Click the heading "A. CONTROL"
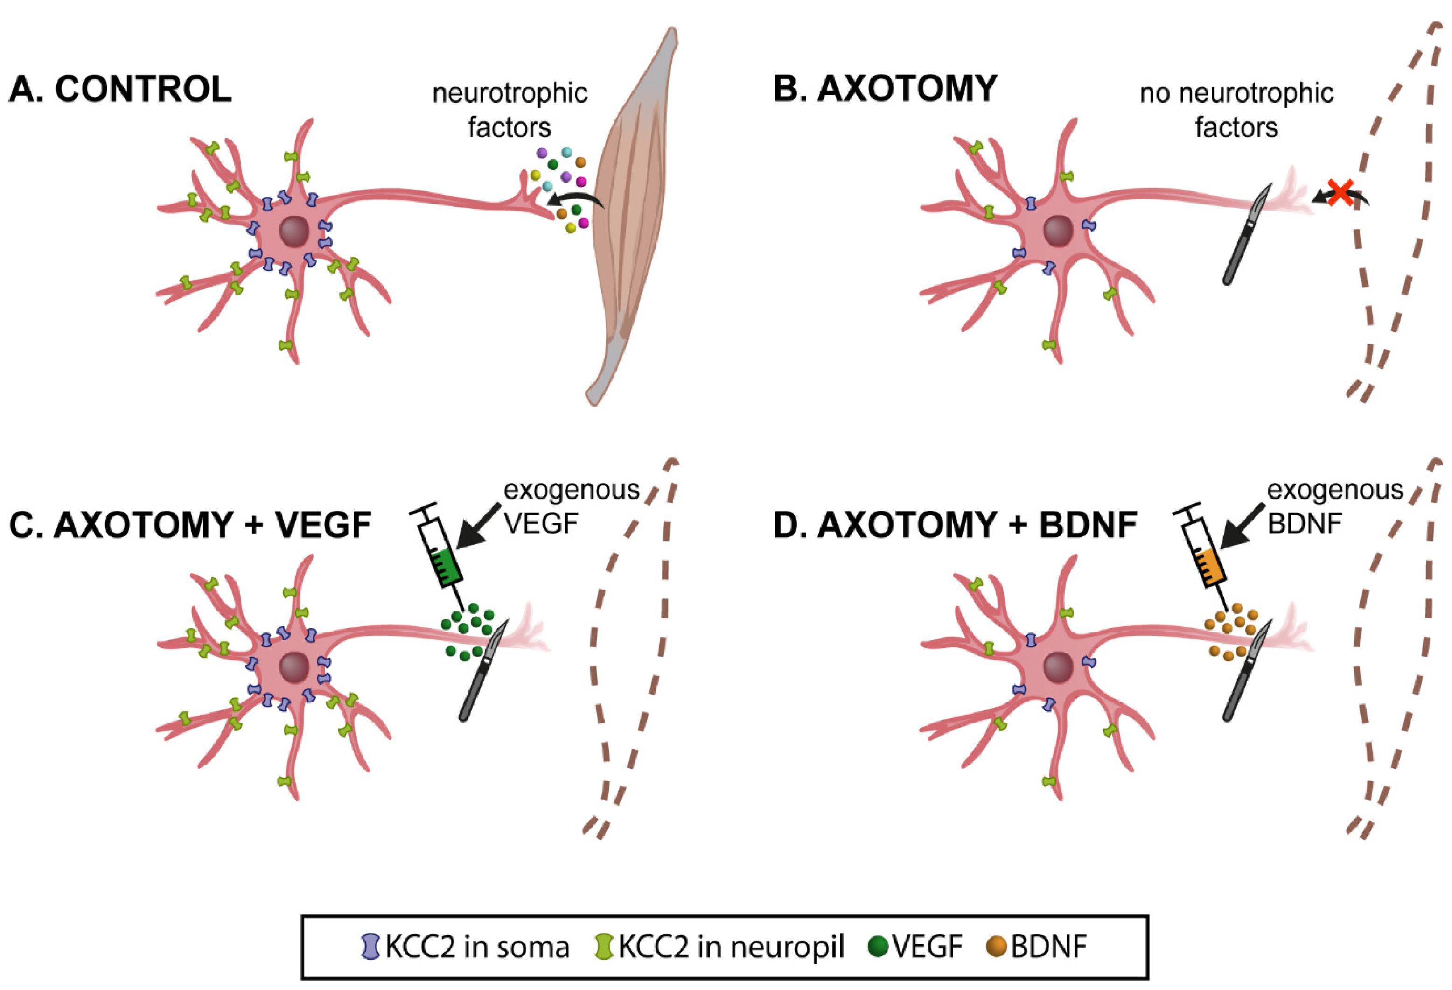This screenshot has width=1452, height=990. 120,89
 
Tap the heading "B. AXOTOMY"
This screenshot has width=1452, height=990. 885,89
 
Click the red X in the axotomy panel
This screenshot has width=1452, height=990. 1340,192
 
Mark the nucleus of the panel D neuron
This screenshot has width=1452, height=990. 1058,667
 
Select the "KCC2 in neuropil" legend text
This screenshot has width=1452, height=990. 731,948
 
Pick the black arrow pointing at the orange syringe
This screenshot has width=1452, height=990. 1243,525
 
